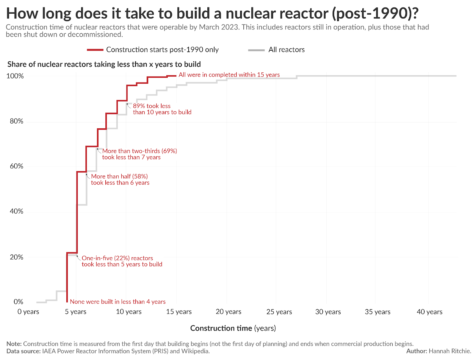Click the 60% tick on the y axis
coord(16,166)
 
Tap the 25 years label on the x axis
coord(279,312)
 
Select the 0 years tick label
coord(28,312)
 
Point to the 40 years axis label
coord(429,312)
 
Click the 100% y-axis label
coord(15,76)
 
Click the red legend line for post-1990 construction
coord(95,50)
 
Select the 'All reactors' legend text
coord(286,50)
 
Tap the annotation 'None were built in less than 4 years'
coord(118,302)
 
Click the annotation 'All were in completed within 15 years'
coord(229,75)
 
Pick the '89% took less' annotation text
coord(152,106)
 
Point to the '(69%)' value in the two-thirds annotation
coord(169,151)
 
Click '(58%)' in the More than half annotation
coord(140,176)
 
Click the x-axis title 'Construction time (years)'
coord(233,328)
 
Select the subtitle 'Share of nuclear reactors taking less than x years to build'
coord(104,64)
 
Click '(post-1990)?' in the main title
coord(375,13)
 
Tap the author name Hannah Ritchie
coord(450,351)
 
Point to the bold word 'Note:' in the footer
coord(14,344)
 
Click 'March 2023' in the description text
coord(219,27)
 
